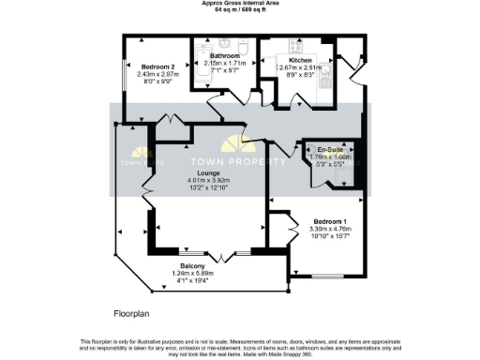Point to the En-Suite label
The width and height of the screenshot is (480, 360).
point(329,150)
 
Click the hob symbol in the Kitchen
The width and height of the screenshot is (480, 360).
point(295,46)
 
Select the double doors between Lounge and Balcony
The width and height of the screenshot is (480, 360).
point(220,255)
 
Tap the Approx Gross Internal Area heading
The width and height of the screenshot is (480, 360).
point(239,3)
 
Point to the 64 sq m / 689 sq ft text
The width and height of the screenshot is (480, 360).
point(239,9)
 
